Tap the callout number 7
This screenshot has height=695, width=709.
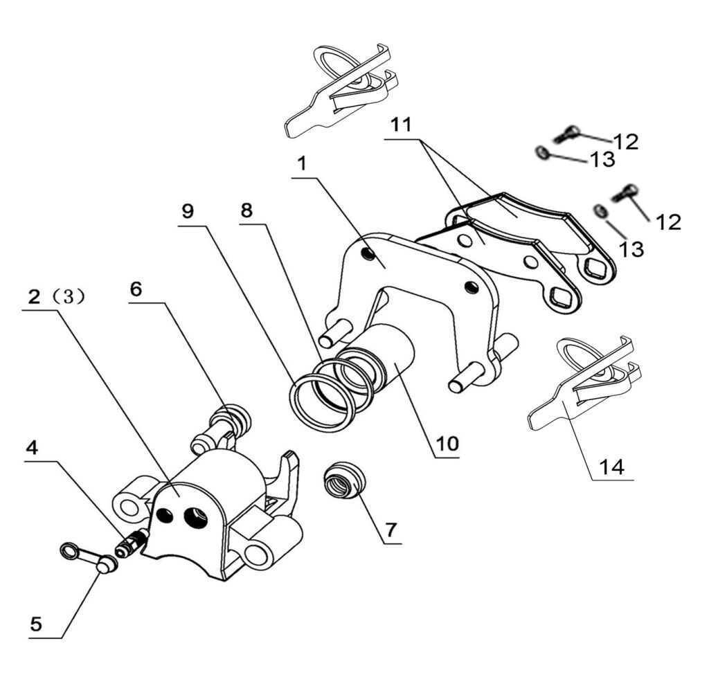click(x=391, y=530)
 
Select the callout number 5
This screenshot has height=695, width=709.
click(x=36, y=624)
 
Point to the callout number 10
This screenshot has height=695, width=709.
click(x=447, y=443)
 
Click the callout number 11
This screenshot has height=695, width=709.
click(x=400, y=125)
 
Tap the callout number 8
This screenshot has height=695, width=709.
click(x=247, y=211)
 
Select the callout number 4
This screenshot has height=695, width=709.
click(x=32, y=448)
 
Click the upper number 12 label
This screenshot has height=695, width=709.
click(x=625, y=142)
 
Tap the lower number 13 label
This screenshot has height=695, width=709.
click(x=631, y=249)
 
